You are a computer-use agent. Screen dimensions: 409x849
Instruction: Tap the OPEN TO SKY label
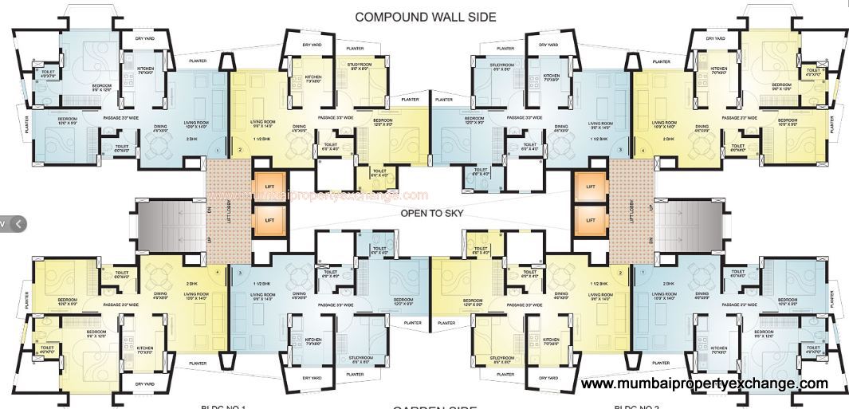click(431, 214)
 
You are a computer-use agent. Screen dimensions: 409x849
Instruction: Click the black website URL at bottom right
click(705, 384)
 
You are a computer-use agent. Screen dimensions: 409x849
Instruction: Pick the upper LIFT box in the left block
click(269, 186)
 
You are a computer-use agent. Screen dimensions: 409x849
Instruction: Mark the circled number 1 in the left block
click(217, 150)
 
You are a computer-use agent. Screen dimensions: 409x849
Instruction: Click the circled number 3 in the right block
click(620, 149)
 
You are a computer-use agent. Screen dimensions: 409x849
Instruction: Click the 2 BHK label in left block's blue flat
click(191, 140)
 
